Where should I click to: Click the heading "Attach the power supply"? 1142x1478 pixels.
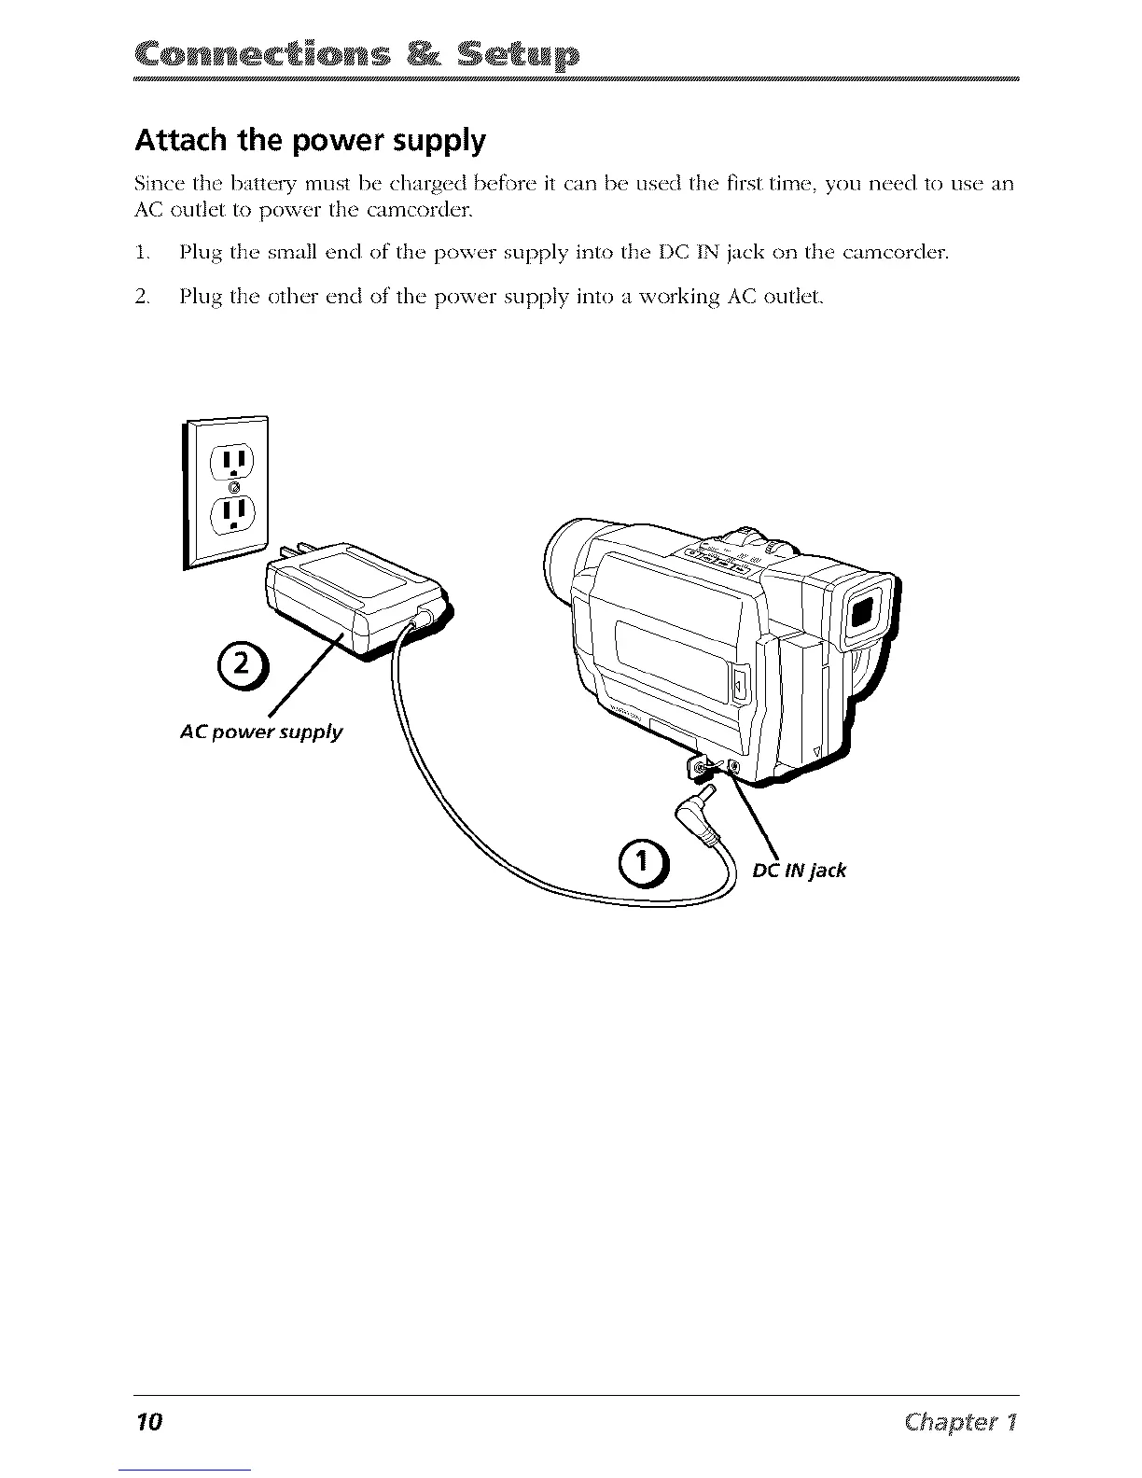tap(311, 141)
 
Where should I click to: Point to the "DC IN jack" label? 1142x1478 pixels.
tap(799, 871)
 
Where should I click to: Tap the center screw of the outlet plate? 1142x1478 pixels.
tap(234, 488)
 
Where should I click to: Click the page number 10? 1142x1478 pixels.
tap(148, 1422)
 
